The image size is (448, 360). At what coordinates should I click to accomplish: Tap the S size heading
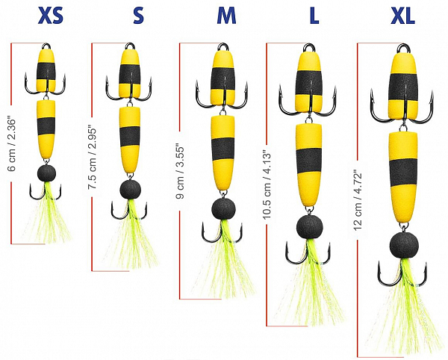(x=138, y=16)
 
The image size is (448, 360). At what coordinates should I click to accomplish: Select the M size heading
(x=225, y=16)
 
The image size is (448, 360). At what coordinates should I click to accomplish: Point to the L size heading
(x=308, y=16)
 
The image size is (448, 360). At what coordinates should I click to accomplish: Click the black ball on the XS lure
(x=47, y=174)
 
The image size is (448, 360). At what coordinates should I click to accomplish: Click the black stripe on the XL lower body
(x=404, y=171)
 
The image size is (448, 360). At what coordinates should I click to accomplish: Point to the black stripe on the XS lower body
(x=47, y=124)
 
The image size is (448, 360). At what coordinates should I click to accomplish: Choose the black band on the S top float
(x=131, y=73)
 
